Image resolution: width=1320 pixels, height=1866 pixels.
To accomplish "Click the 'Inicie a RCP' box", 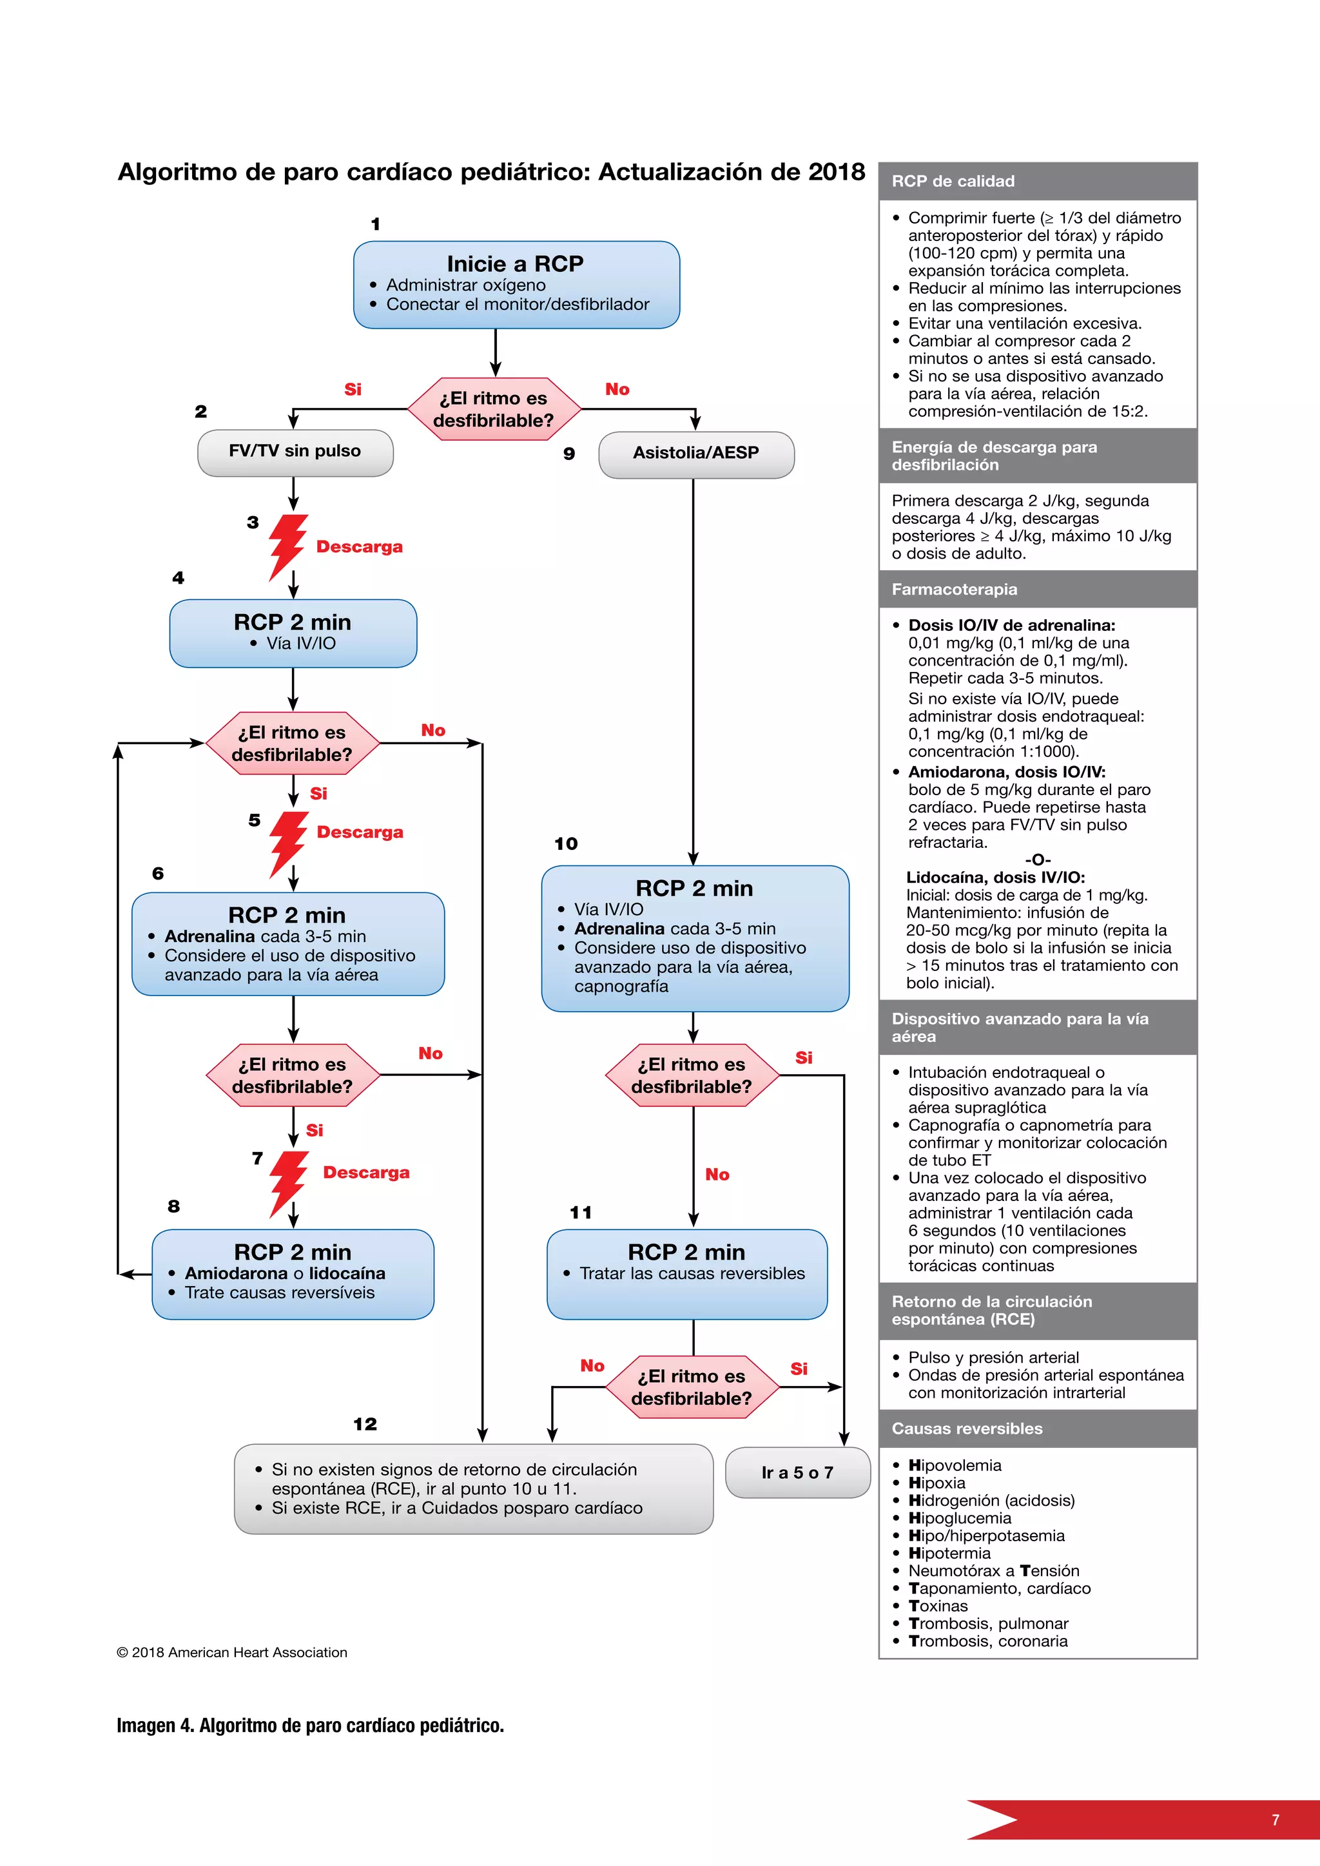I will [x=516, y=284].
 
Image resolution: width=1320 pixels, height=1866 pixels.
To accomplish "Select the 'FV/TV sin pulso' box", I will [x=295, y=452].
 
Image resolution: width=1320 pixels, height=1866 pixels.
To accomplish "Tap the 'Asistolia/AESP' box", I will [x=695, y=454].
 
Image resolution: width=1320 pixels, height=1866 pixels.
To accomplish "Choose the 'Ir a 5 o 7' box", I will [x=797, y=1473].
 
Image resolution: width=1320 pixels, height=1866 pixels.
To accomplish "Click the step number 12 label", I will [x=365, y=1424].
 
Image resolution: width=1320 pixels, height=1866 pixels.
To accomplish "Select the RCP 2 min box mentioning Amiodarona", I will [x=293, y=1273].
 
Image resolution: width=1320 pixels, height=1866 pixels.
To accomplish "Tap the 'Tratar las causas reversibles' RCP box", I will [x=687, y=1273].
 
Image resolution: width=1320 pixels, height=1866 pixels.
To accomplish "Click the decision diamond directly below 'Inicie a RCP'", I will [x=493, y=409].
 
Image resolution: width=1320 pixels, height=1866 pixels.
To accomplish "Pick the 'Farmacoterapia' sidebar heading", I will [x=955, y=589].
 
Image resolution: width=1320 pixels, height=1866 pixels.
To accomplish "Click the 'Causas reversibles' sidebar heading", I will [x=966, y=1428].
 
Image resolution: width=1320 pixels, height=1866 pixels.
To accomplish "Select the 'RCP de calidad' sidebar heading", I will [x=953, y=181].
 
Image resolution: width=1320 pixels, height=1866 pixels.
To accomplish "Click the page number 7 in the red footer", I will [x=1276, y=1820].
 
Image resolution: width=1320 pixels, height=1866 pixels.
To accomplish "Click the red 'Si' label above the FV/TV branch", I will [x=353, y=389].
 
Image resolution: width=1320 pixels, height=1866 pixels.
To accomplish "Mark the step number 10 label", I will [x=566, y=843].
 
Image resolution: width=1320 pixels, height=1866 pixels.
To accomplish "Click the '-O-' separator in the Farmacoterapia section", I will [x=1037, y=860].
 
